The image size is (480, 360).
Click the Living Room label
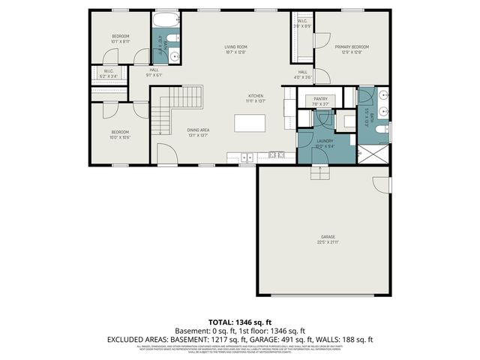pyautogui.click(x=235, y=49)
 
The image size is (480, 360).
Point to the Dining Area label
pyautogui.click(x=198, y=133)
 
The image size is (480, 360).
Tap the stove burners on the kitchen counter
pyautogui.click(x=275, y=155)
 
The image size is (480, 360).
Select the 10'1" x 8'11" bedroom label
pyautogui.click(x=121, y=39)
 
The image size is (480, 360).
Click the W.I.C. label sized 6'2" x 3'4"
pyautogui.click(x=108, y=73)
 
